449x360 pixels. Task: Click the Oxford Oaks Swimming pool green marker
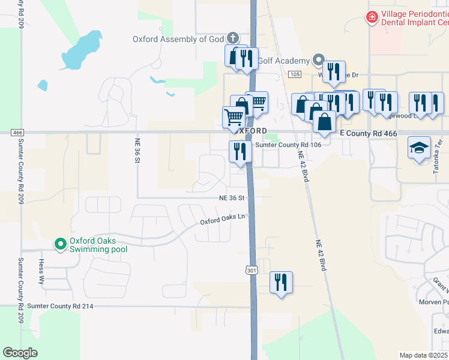pyautogui.click(x=60, y=244)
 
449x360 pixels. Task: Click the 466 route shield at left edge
pyautogui.click(x=17, y=132)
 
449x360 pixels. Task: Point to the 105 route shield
pyautogui.click(x=294, y=74)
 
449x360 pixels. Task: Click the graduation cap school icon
pyautogui.click(x=419, y=147)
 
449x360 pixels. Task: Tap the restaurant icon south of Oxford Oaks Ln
pyautogui.click(x=280, y=281)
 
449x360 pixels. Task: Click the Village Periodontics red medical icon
pyautogui.click(x=372, y=17)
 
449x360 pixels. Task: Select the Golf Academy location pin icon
pyautogui.click(x=318, y=61)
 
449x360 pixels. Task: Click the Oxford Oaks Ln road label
pyautogui.click(x=223, y=220)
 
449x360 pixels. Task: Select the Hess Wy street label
pyautogui.click(x=42, y=267)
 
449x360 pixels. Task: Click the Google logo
pyautogui.click(x=20, y=353)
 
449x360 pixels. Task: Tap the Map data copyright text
pyautogui.click(x=423, y=355)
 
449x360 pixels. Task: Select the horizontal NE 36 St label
pyautogui.click(x=232, y=197)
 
